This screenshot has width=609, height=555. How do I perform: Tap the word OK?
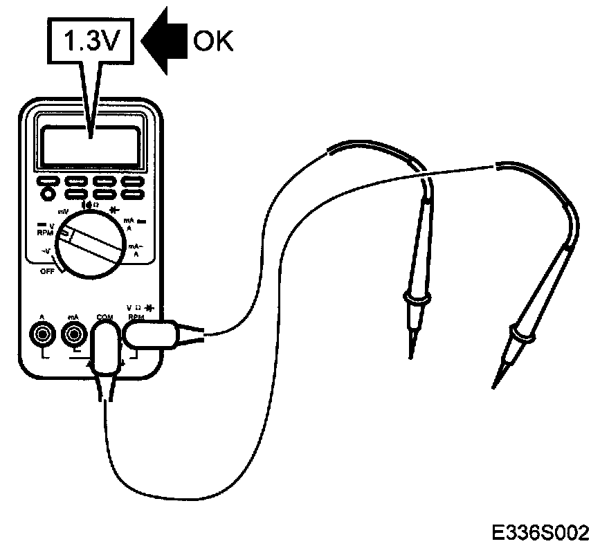tap(213, 42)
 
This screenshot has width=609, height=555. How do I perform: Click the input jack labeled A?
tap(43, 336)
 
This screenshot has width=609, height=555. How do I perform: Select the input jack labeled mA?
tap(72, 336)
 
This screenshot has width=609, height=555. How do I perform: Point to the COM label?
tap(104, 317)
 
